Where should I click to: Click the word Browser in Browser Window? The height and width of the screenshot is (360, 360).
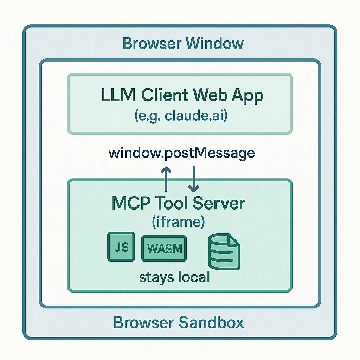point(152,43)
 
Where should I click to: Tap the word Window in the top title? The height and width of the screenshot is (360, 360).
point(215,43)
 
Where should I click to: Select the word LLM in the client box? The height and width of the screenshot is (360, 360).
point(118,95)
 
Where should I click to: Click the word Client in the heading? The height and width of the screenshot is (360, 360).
point(165,95)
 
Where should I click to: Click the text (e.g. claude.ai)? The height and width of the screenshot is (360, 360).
point(181,115)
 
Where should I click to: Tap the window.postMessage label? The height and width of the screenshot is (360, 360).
point(182,153)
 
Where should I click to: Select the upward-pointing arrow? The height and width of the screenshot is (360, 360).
point(166,179)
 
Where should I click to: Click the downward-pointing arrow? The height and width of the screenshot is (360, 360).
point(194,179)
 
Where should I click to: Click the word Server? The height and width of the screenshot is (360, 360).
point(219,203)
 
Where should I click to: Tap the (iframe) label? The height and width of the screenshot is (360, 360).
point(178,222)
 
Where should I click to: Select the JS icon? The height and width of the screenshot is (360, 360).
point(121,247)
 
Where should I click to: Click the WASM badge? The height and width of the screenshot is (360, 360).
point(164,249)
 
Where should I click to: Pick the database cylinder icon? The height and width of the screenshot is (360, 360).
point(224,252)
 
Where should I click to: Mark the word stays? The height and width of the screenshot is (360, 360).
point(156,277)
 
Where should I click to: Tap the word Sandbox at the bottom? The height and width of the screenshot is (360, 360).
point(211,322)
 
